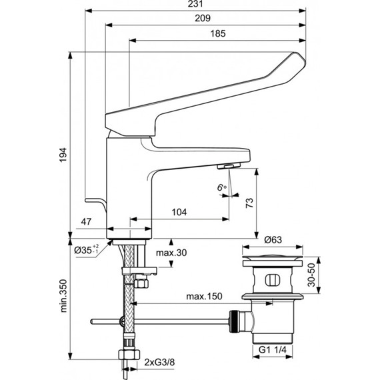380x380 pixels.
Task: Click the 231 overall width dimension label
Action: [x=195, y=3]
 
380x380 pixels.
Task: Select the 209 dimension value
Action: [x=203, y=18]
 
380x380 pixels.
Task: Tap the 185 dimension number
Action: [x=218, y=33]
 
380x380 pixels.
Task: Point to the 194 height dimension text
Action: [x=63, y=155]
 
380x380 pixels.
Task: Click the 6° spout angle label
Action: [x=221, y=187]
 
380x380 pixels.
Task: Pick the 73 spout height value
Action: [x=249, y=203]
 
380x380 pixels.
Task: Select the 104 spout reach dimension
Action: [x=179, y=212]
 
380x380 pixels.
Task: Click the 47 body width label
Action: [x=86, y=221]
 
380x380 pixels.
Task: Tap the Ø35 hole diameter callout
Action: [x=86, y=249]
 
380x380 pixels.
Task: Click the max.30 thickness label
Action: [x=171, y=253]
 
